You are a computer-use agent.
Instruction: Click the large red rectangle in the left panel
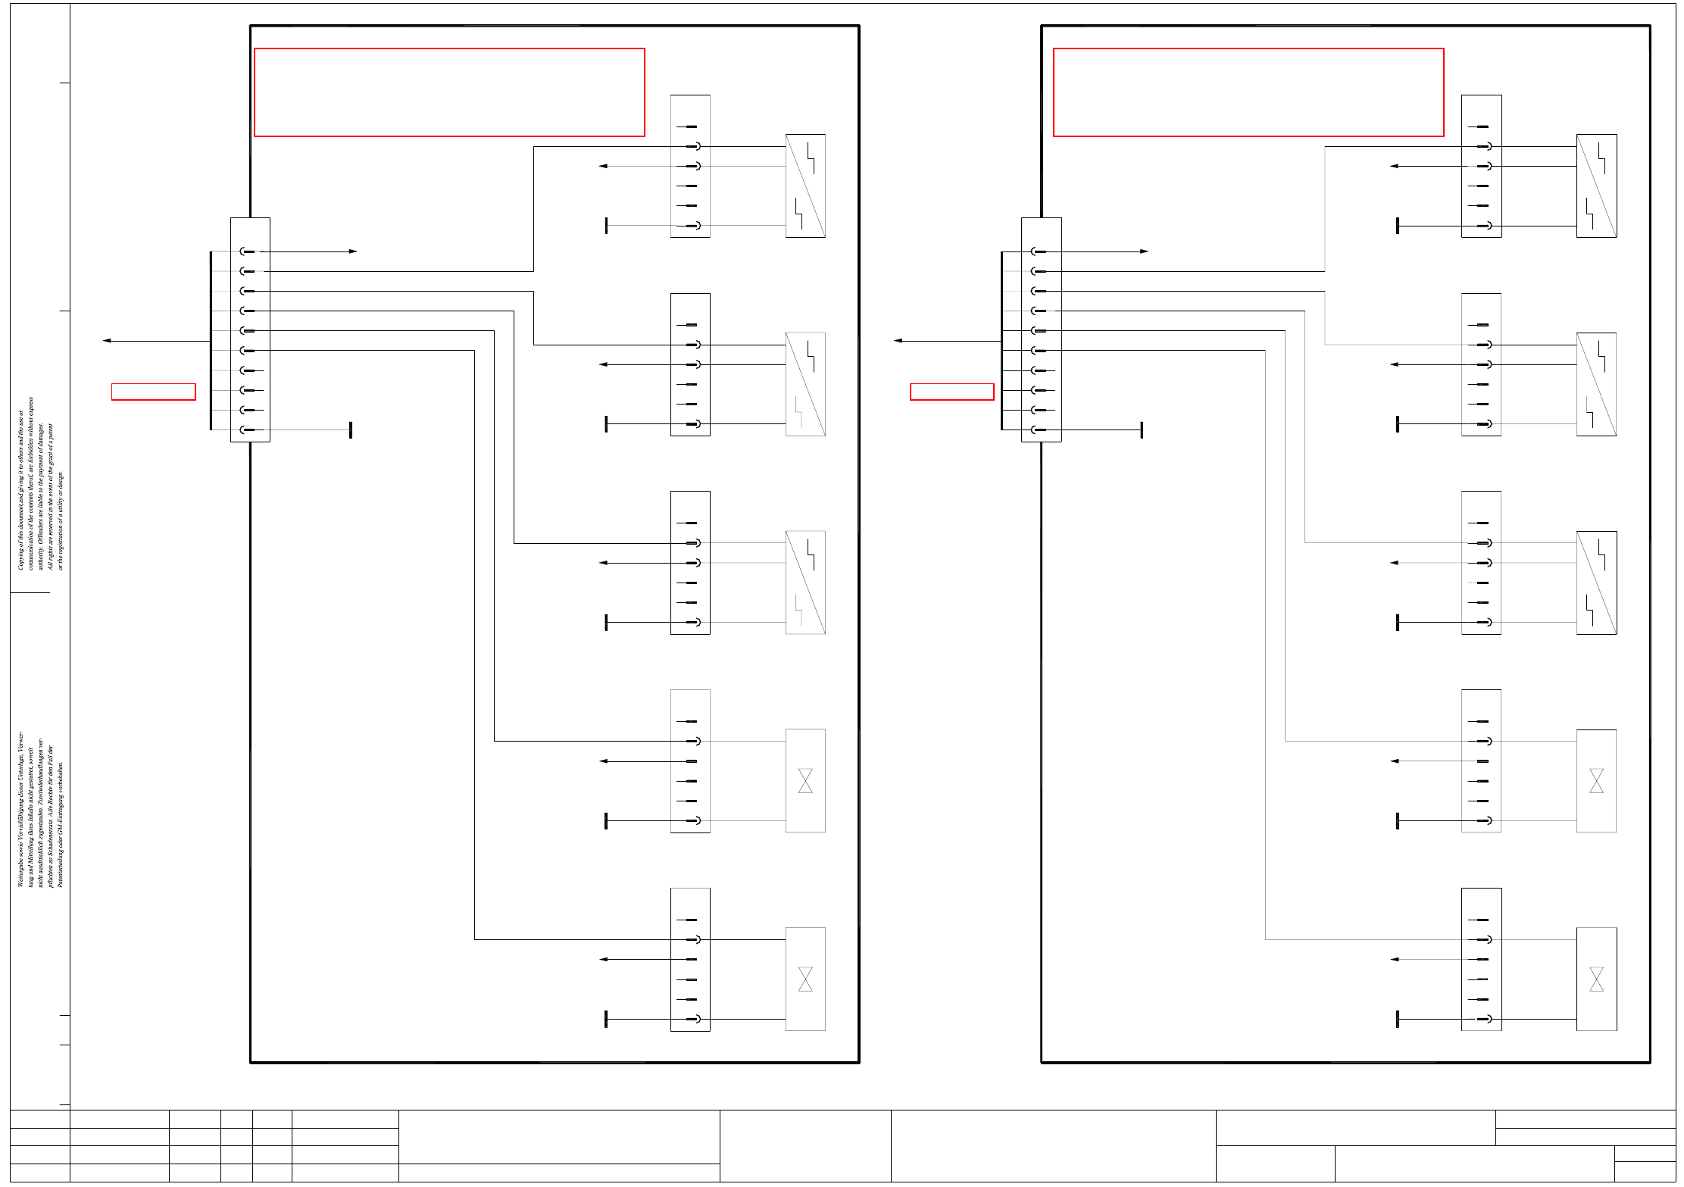tap(449, 92)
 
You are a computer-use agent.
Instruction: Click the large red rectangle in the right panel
tap(1248, 92)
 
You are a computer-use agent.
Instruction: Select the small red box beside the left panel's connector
tap(153, 392)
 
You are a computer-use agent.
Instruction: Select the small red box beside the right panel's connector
tap(951, 392)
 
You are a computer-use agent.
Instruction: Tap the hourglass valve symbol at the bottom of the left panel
tap(805, 979)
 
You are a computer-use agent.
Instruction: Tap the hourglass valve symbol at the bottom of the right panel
tap(1596, 979)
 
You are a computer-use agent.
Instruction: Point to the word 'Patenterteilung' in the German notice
tap(61, 864)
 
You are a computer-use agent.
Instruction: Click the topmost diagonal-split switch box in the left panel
tap(805, 186)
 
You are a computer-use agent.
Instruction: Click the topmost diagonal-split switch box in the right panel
tap(1596, 186)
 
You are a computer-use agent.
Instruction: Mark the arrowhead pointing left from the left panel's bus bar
tap(107, 341)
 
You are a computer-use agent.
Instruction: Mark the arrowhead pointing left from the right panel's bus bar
tap(898, 341)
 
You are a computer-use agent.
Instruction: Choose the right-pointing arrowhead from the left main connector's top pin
tap(353, 251)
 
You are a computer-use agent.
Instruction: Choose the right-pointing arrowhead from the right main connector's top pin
tap(1144, 251)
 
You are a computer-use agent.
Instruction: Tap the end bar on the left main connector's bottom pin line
tap(351, 430)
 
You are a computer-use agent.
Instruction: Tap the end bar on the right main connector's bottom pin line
tap(1142, 430)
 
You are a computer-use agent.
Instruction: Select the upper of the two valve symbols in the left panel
tap(805, 780)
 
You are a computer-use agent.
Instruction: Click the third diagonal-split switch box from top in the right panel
tap(1596, 583)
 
